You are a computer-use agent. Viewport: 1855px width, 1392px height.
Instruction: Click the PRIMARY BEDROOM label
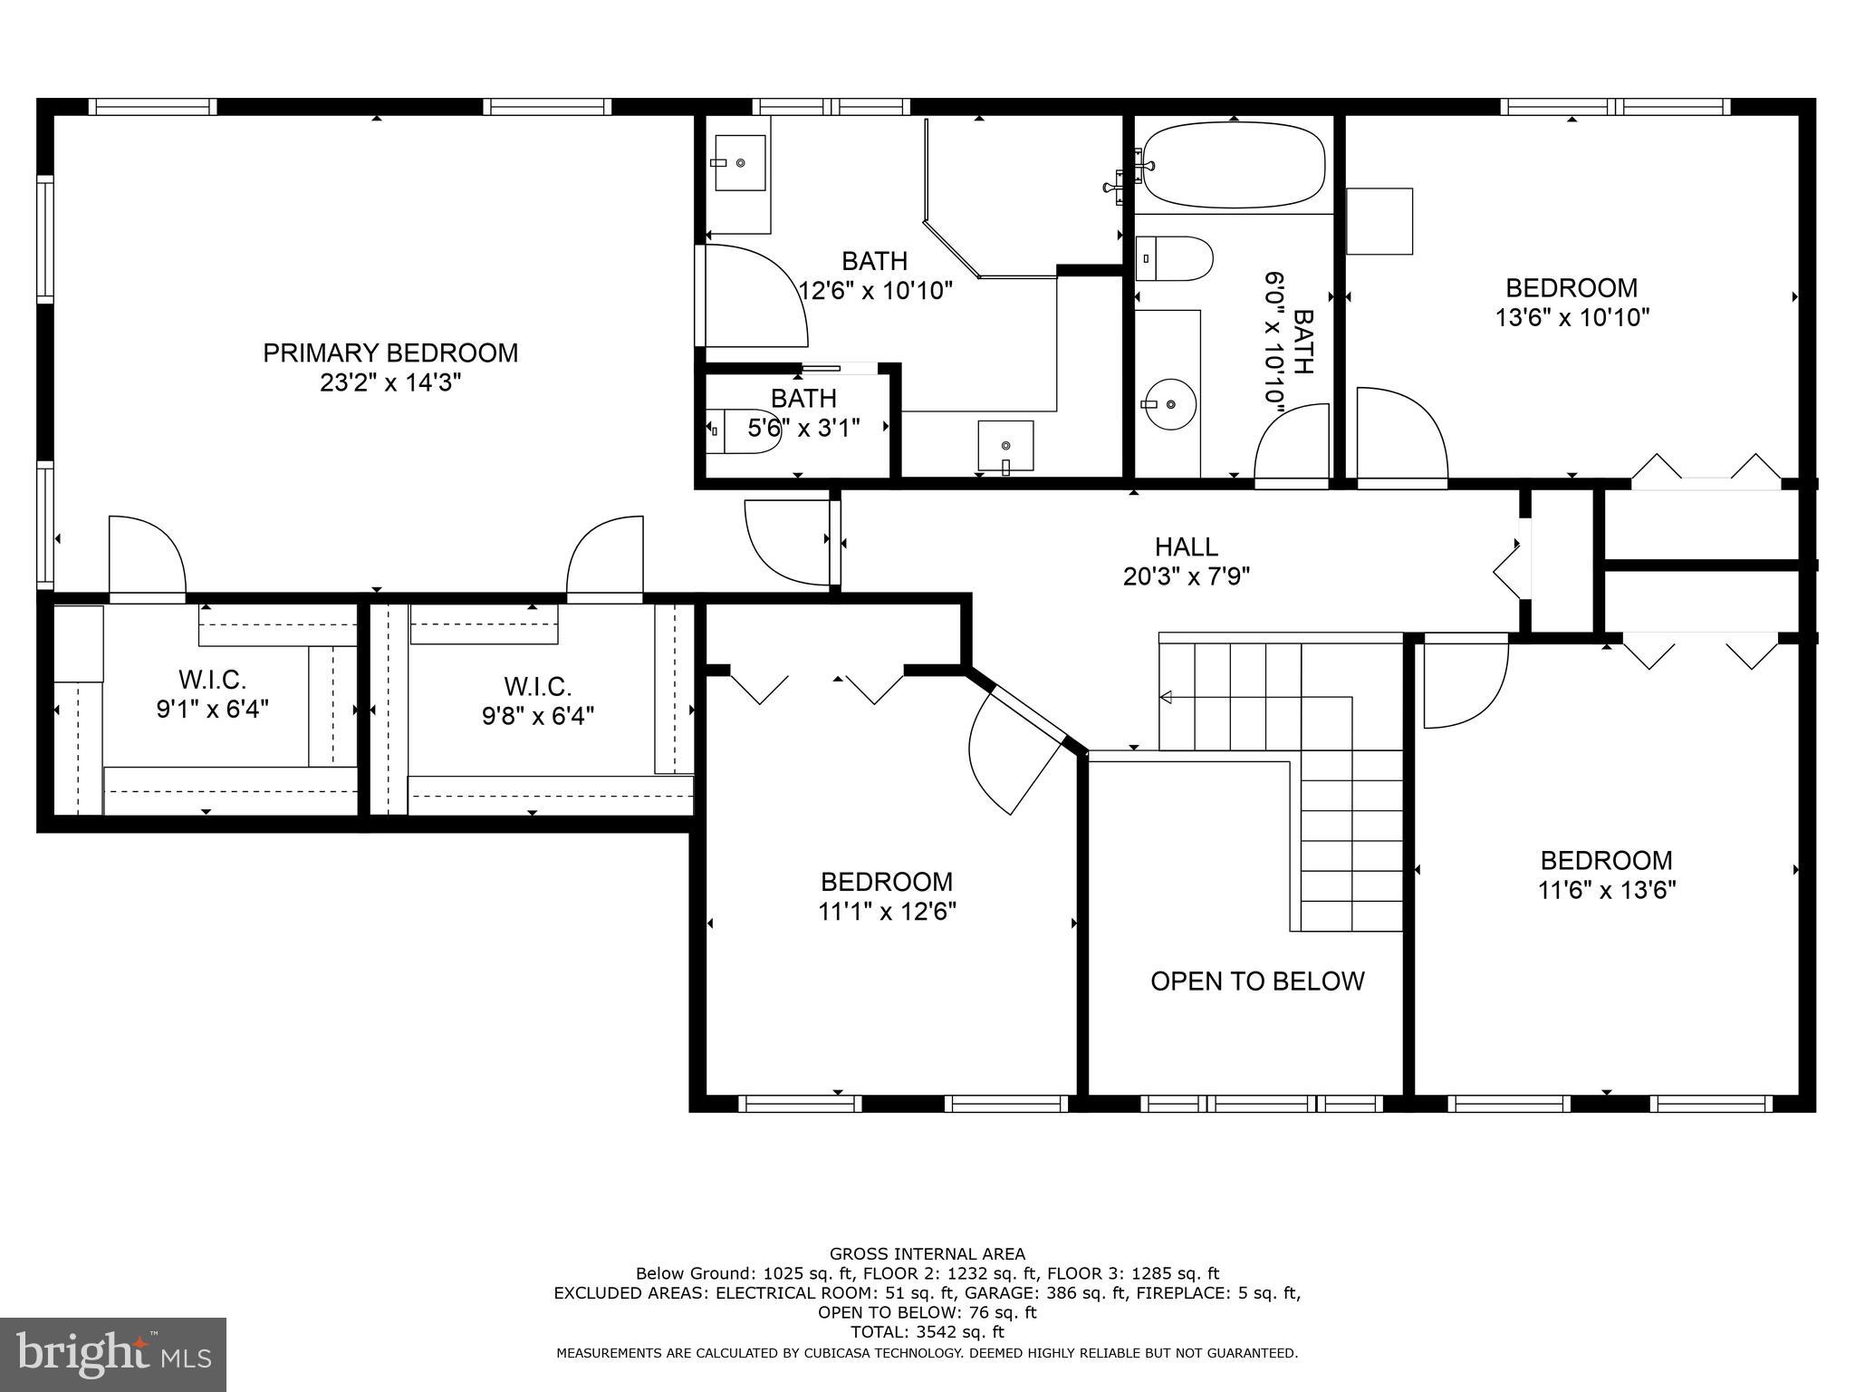click(390, 353)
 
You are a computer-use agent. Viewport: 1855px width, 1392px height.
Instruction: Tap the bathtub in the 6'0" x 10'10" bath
click(1232, 165)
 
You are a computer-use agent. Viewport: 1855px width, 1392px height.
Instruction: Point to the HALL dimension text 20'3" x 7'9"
click(1187, 576)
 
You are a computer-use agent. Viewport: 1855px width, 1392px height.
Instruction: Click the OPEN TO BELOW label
click(1257, 981)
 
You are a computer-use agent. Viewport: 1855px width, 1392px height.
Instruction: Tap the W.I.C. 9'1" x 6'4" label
click(212, 693)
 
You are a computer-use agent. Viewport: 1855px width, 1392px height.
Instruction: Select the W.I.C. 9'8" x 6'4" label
click(538, 701)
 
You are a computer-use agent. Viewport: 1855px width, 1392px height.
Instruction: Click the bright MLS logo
click(112, 1354)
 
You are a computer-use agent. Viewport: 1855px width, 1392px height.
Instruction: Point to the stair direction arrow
click(1167, 697)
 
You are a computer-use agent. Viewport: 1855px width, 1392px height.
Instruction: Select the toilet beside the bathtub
click(1174, 258)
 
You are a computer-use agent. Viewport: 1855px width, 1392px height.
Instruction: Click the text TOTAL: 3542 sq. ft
click(927, 1332)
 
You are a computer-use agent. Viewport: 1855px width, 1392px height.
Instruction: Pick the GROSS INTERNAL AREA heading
click(927, 1254)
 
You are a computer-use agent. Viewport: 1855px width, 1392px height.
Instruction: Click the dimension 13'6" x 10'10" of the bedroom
click(1571, 318)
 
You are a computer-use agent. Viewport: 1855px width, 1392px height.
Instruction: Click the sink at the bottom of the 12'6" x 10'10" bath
click(1005, 445)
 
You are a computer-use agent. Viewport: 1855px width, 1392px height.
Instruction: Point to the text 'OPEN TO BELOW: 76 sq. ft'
click(927, 1312)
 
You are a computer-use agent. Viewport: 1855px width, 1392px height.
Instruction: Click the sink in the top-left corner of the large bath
click(740, 163)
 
